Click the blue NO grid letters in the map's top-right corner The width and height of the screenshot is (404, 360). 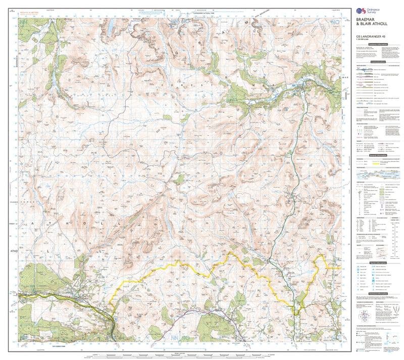point(334,22)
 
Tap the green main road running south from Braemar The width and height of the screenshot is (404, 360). point(293,152)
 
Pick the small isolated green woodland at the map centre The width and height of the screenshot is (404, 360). point(179,178)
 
